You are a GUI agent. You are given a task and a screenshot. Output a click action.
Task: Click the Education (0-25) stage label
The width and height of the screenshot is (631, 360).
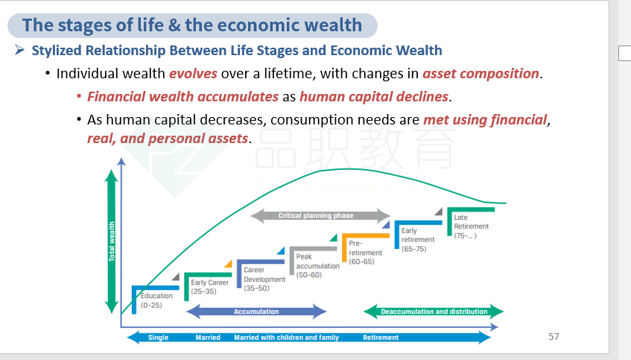pyautogui.click(x=156, y=300)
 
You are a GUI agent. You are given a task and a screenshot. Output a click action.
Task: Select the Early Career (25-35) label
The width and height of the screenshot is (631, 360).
pyautogui.click(x=209, y=287)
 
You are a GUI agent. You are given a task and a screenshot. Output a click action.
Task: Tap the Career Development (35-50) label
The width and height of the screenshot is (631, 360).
pyautogui.click(x=264, y=279)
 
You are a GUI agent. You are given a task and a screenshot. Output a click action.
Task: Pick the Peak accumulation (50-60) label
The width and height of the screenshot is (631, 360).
pyautogui.click(x=318, y=266)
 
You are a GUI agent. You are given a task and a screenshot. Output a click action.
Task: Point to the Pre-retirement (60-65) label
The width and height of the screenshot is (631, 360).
pyautogui.click(x=365, y=253)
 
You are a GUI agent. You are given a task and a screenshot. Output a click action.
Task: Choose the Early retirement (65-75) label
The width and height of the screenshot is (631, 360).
pyautogui.click(x=418, y=239)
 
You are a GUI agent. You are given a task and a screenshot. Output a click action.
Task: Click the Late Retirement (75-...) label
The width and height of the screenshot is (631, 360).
pyautogui.click(x=472, y=227)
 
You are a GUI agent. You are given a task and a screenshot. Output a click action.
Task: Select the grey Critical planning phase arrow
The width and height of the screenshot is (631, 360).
pyautogui.click(x=320, y=216)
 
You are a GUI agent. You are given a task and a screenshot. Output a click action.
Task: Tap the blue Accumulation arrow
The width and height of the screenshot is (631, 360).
pyautogui.click(x=256, y=312)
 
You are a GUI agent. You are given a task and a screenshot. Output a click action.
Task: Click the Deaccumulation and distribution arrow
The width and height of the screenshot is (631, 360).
pyautogui.click(x=434, y=312)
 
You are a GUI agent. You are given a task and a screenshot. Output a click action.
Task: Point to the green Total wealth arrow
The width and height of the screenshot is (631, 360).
pyautogui.click(x=112, y=241)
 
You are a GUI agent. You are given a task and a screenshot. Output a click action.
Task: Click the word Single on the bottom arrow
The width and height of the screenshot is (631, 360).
pyautogui.click(x=158, y=338)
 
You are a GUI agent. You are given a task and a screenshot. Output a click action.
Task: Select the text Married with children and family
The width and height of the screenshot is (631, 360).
pyautogui.click(x=287, y=338)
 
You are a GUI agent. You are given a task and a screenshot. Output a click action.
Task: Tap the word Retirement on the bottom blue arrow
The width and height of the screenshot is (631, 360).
pyautogui.click(x=381, y=338)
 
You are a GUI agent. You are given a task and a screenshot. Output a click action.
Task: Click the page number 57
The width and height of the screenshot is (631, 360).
pyautogui.click(x=554, y=337)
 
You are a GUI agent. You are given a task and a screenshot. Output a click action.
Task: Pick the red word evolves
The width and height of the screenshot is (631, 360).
pyautogui.click(x=193, y=74)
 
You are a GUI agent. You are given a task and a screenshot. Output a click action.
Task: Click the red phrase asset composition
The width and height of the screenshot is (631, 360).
pyautogui.click(x=481, y=74)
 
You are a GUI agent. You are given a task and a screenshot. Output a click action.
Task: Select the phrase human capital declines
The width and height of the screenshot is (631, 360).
pyautogui.click(x=374, y=97)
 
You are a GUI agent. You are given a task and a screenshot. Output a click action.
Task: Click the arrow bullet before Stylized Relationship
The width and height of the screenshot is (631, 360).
pyautogui.click(x=19, y=50)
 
